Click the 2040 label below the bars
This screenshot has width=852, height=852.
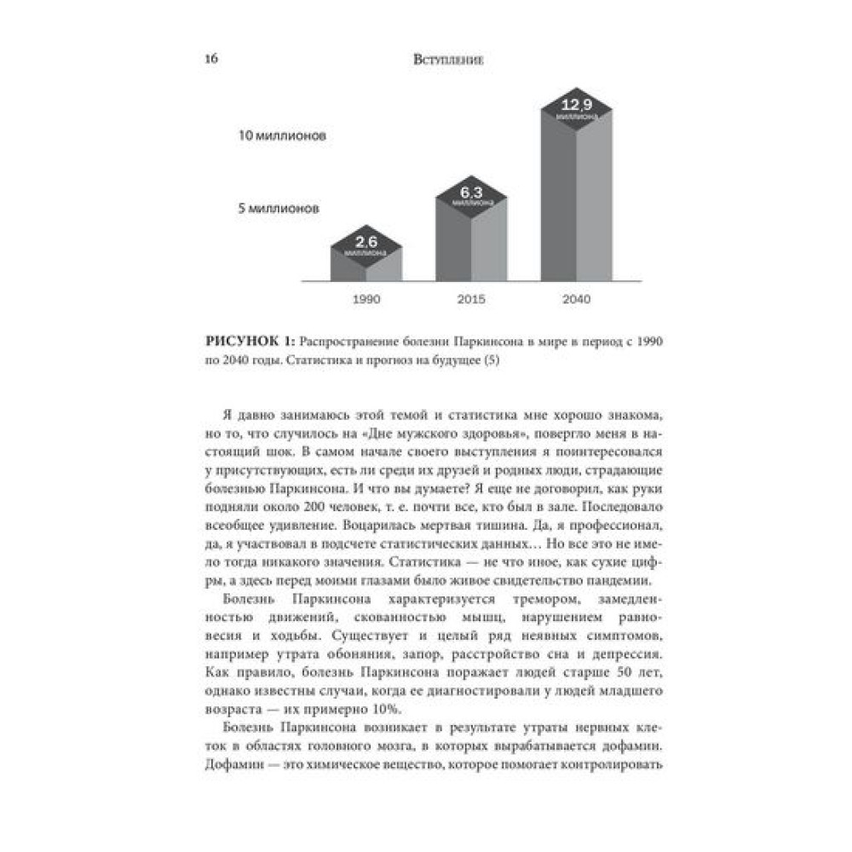pos(576,300)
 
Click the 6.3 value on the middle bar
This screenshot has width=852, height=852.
pos(471,193)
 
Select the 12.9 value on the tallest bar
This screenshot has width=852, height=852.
pos(576,105)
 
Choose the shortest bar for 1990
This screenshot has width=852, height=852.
pos(366,266)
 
